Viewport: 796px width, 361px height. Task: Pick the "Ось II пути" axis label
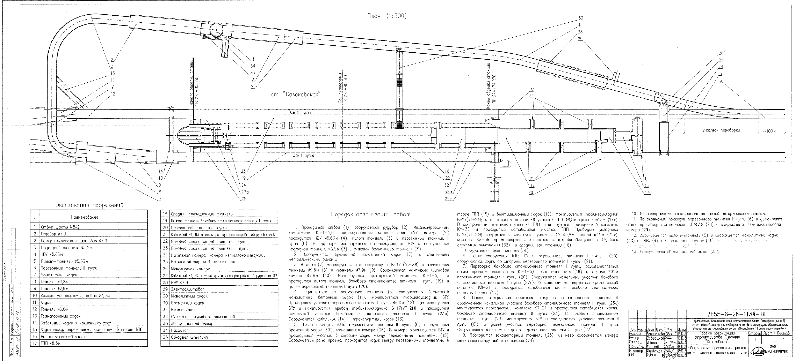click(x=300, y=113)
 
